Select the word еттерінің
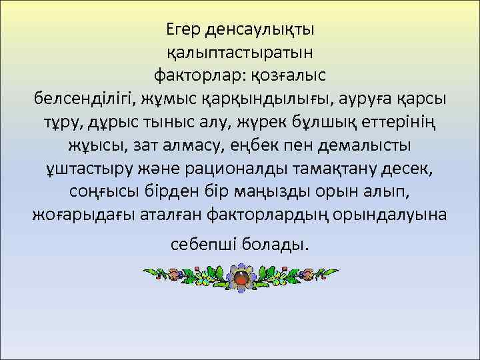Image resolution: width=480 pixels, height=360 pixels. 417,123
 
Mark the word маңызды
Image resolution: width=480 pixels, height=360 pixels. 267,192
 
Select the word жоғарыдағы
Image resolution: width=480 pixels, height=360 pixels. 81,215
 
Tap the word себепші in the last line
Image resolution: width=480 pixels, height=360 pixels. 199,245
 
